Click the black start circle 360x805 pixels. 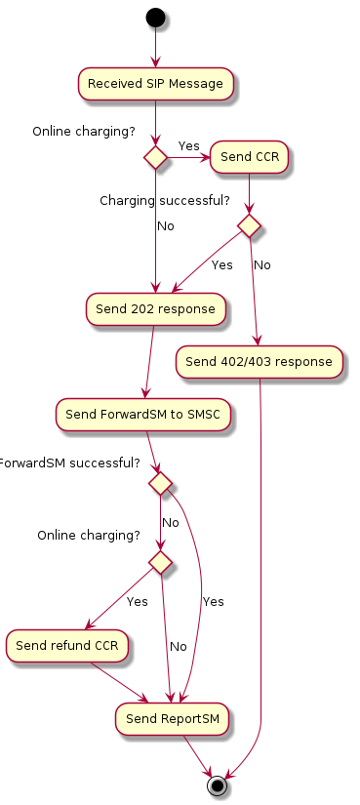click(x=155, y=17)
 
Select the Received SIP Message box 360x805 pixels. click(x=155, y=84)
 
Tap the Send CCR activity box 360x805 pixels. click(x=250, y=157)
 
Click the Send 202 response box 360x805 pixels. click(x=155, y=308)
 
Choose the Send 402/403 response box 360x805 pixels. click(x=259, y=362)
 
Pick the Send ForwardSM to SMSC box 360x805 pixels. click(x=144, y=415)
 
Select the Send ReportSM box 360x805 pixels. click(x=173, y=719)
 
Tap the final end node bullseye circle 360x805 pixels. click(x=217, y=785)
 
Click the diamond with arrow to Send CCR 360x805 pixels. click(x=155, y=157)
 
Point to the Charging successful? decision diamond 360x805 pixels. click(x=250, y=225)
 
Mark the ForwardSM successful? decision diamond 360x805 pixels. click(x=160, y=483)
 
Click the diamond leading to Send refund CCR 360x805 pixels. click(x=160, y=561)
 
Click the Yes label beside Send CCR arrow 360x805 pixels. click(x=188, y=146)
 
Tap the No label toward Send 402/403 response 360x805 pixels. click(x=261, y=264)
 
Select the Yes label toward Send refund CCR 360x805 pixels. click(x=137, y=601)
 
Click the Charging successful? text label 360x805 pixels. click(x=165, y=201)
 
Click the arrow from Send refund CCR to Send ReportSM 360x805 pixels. click(x=117, y=682)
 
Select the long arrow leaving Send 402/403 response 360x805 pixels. click(x=261, y=585)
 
